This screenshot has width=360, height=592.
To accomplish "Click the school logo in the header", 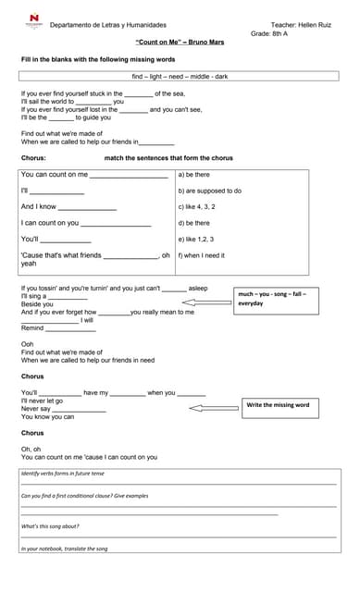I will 34,20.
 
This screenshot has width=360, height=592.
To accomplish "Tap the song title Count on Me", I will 180,43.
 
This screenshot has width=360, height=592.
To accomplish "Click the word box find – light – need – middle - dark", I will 180,76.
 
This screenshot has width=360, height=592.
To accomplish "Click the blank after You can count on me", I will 129,174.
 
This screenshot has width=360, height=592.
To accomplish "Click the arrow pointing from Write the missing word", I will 214,408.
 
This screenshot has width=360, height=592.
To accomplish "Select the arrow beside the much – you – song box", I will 210,297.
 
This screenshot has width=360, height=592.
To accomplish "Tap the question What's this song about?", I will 50,525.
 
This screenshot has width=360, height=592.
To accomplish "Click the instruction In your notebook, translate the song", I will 64,549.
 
